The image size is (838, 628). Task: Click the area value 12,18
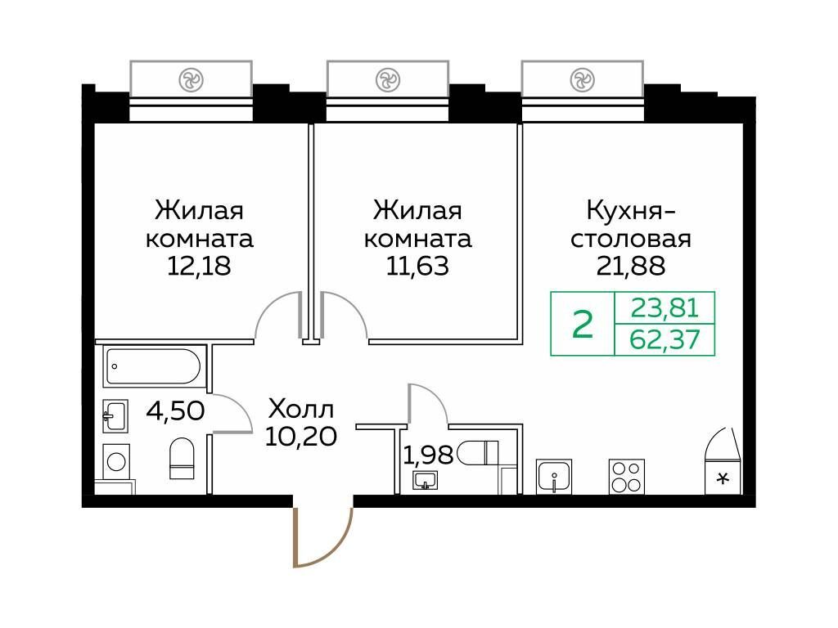(200, 266)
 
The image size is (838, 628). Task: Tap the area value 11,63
(417, 266)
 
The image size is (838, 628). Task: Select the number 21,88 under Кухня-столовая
(631, 266)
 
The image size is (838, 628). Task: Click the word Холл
(301, 410)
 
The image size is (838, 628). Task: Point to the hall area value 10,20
(301, 437)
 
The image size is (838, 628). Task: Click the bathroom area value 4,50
(175, 412)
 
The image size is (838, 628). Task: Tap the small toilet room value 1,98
(428, 455)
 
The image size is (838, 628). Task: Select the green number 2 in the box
(583, 324)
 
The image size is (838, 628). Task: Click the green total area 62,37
(665, 339)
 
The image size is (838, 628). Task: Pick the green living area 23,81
(665, 308)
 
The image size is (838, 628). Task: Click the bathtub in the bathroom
(153, 366)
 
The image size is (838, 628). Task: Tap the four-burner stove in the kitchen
(626, 477)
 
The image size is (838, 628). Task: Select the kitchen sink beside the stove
(554, 476)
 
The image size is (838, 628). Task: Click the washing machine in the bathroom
(115, 461)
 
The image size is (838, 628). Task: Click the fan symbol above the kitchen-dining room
(582, 80)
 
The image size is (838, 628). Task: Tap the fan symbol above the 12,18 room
(191, 80)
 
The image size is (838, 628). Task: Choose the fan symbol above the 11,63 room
(387, 80)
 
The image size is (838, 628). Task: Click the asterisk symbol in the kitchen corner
(723, 478)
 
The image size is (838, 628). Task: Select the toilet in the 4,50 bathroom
(182, 459)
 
